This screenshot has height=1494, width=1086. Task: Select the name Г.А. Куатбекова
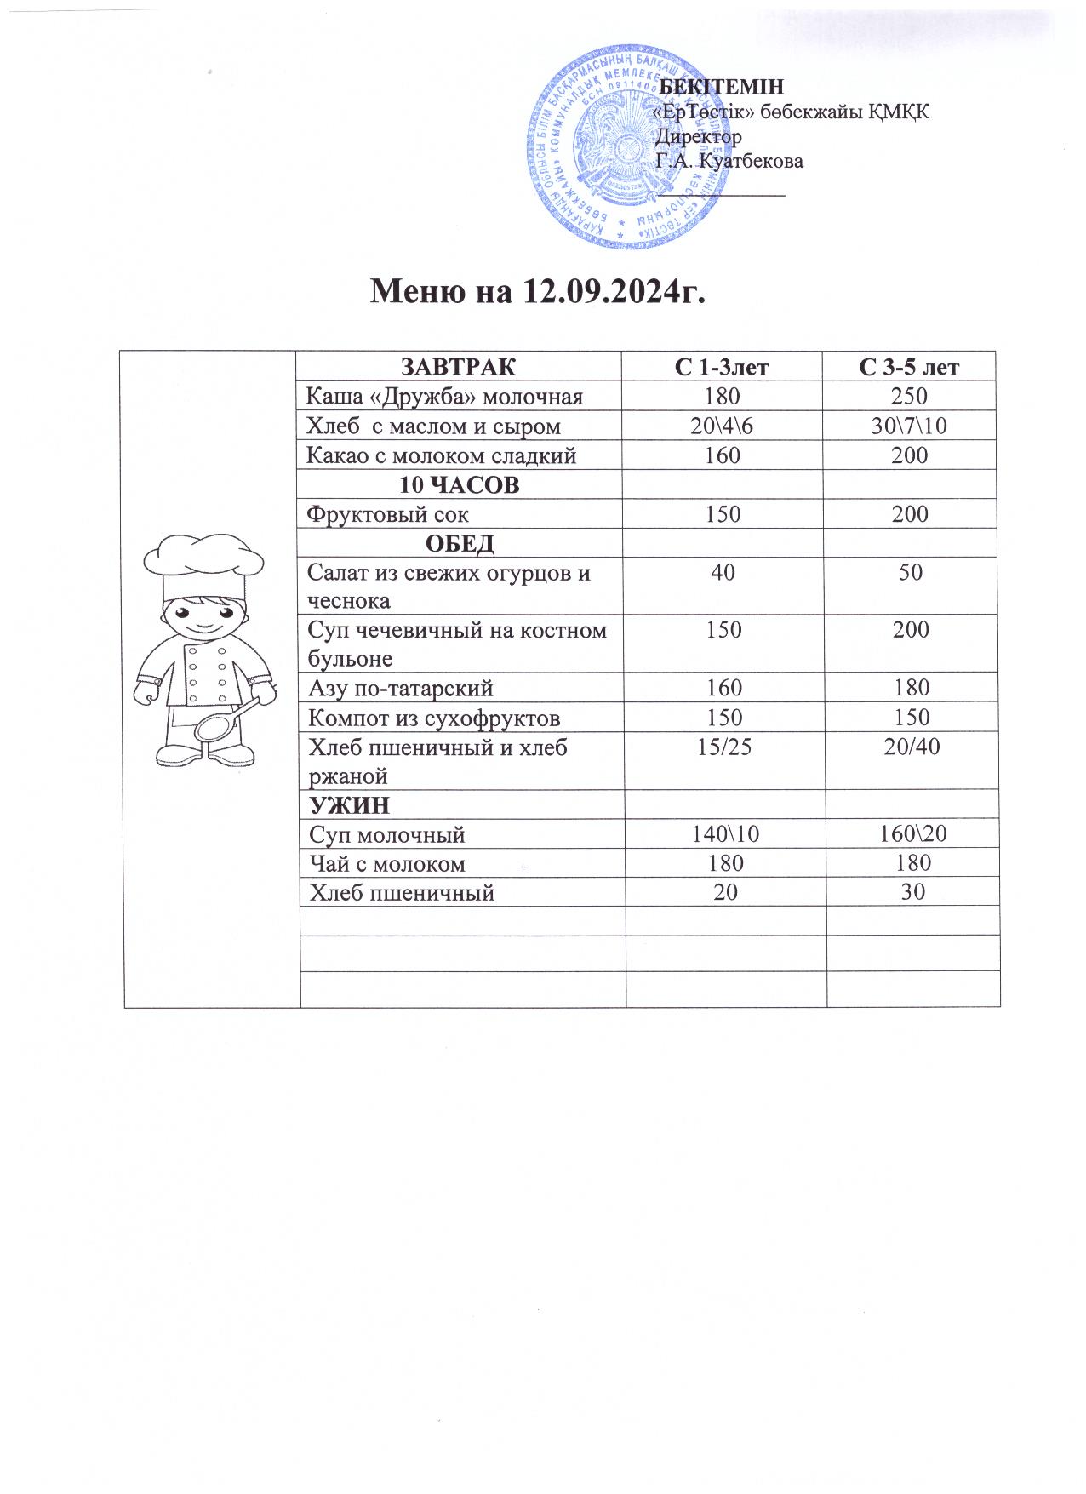pos(729,161)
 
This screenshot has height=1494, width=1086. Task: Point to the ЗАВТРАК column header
pos(458,368)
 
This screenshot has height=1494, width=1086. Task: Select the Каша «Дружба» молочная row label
pos(445,397)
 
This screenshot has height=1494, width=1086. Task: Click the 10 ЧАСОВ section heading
pos(460,485)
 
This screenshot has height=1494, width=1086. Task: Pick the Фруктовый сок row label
pos(387,514)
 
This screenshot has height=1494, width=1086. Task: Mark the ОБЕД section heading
pos(460,543)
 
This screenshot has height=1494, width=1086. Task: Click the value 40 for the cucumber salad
pos(723,572)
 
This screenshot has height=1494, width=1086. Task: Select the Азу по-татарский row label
pos(400,688)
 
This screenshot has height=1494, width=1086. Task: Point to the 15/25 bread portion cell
pos(723,747)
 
